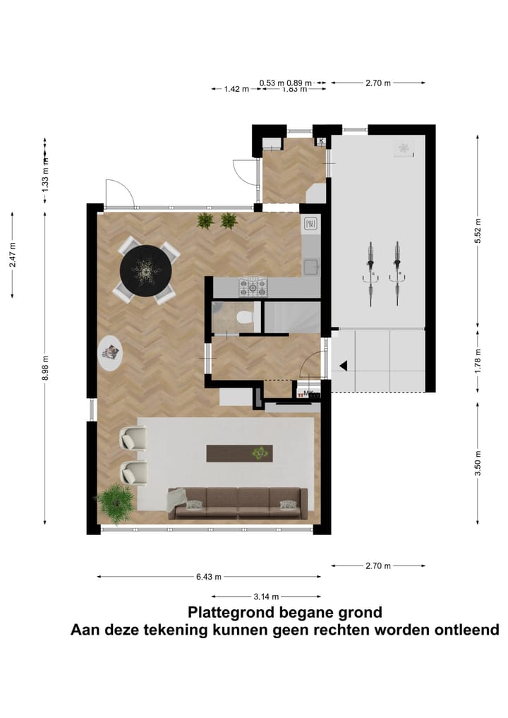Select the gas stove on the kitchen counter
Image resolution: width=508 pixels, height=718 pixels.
point(253,287)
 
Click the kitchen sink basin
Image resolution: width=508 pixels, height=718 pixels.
point(310,266)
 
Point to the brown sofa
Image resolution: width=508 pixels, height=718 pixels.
point(238,503)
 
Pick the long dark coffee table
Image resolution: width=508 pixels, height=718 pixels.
point(239,453)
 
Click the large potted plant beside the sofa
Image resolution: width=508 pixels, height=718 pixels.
point(114,501)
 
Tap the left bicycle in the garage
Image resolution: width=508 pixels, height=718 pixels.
point(370,272)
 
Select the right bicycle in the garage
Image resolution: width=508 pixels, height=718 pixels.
point(398,272)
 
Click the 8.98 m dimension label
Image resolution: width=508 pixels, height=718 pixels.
point(46,368)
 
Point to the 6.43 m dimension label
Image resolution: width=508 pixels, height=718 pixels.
point(208,577)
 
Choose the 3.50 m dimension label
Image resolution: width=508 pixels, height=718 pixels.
point(478,463)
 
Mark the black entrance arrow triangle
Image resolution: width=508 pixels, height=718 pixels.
point(344,366)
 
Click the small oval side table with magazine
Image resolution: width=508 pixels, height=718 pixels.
point(111,354)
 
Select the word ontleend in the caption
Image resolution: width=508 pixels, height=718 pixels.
point(463,630)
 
